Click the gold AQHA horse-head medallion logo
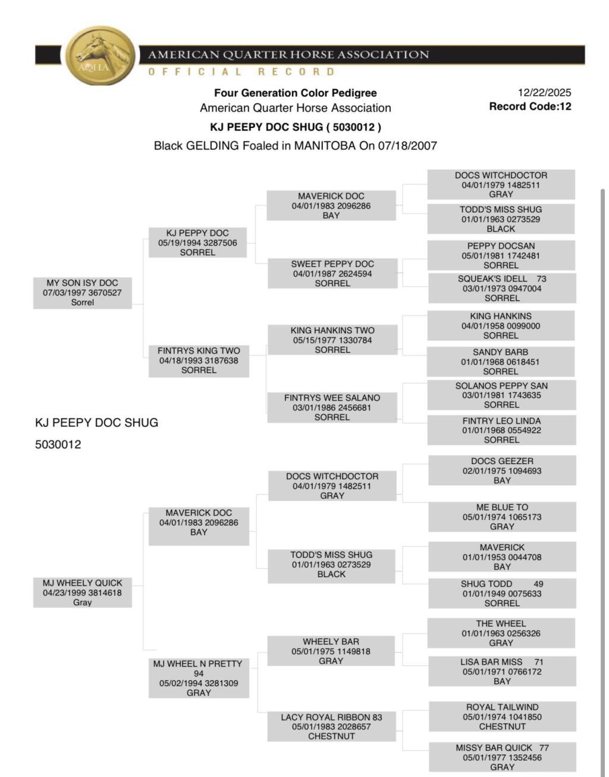(100, 57)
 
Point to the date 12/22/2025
(544, 92)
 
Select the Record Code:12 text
(530, 106)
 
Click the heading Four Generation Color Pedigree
(295, 93)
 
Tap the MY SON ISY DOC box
(82, 293)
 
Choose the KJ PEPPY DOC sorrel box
(197, 243)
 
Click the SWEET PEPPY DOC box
(332, 274)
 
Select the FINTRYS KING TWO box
(199, 361)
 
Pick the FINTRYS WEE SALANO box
(332, 408)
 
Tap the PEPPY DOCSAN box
(501, 256)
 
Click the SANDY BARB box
(501, 362)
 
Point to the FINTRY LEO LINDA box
(501, 430)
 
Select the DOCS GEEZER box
(502, 471)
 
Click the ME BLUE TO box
(502, 517)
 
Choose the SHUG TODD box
(502, 594)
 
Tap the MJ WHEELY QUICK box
(82, 593)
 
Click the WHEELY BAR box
(331, 651)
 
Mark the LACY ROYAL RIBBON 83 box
(331, 726)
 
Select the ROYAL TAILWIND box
(502, 717)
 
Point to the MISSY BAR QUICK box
(502, 757)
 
